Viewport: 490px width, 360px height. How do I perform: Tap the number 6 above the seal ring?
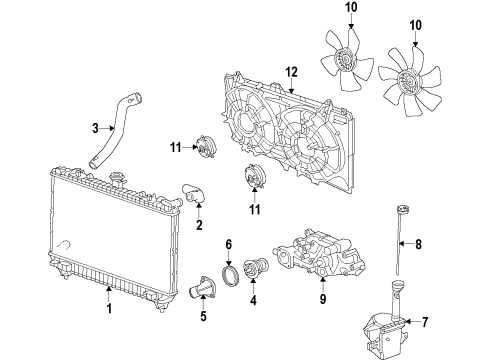(x=229, y=245)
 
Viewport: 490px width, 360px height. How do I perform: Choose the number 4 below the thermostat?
(x=252, y=298)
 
